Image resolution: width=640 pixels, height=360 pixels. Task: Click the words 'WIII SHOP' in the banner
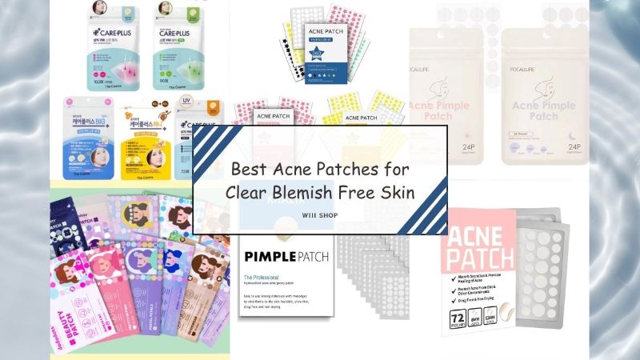(319, 213)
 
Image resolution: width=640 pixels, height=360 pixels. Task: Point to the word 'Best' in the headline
(250, 170)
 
